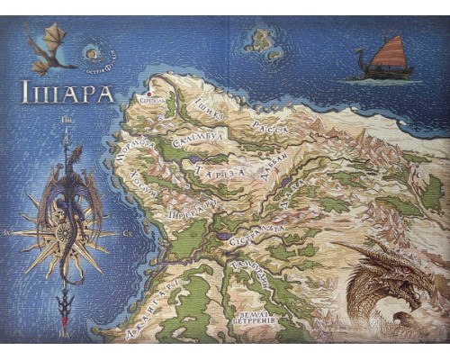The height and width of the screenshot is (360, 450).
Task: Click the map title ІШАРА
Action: point(67,94)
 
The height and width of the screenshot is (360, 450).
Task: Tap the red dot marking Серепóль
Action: point(148,92)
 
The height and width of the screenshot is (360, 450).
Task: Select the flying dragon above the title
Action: point(49,49)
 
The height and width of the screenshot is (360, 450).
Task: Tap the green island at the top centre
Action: point(262,40)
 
